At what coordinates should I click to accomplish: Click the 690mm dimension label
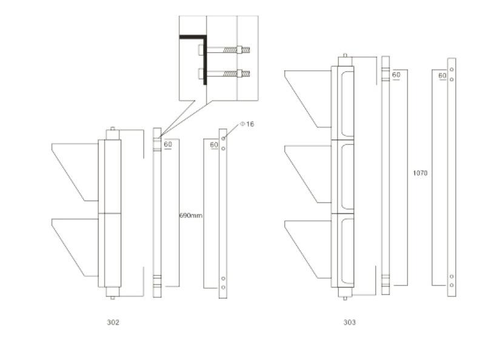pos(191,215)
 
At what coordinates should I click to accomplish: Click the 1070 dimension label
pos(420,173)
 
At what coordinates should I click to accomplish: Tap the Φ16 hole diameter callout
pos(247,124)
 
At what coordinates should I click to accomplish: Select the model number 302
pos(113,322)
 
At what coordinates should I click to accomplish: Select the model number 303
pos(350,322)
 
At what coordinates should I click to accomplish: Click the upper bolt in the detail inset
pos(224,50)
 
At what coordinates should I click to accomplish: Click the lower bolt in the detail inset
pos(224,74)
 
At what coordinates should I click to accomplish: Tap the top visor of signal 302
pos(75,172)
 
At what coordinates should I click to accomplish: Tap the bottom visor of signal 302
pos(75,247)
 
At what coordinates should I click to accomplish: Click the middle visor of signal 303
pos(308,175)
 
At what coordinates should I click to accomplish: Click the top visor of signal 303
pos(308,99)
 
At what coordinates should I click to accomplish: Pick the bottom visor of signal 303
pos(308,249)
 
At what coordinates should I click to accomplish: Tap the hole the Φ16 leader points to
pos(223,138)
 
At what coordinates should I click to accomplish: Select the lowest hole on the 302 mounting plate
pos(223,287)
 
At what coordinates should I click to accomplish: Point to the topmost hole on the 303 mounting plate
pos(452,70)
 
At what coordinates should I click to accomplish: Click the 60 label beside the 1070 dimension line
pos(396,75)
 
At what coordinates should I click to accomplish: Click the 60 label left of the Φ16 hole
pos(214,145)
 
